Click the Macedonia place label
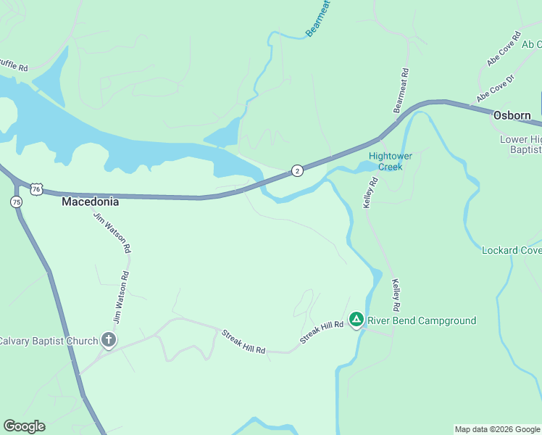click(x=90, y=202)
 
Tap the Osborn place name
click(x=512, y=115)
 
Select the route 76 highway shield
click(x=36, y=189)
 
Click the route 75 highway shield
click(x=17, y=202)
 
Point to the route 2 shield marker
click(x=297, y=170)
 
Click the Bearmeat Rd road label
click(x=401, y=91)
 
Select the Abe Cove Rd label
click(x=504, y=49)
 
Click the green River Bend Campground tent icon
click(x=356, y=320)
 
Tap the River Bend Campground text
click(x=422, y=320)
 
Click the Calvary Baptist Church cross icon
click(x=109, y=340)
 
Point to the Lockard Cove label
click(x=512, y=251)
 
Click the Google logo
click(x=24, y=426)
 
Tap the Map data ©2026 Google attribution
click(x=497, y=429)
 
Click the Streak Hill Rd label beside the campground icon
click(x=321, y=333)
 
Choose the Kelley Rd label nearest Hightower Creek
click(x=372, y=192)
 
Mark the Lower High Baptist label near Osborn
click(x=520, y=144)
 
